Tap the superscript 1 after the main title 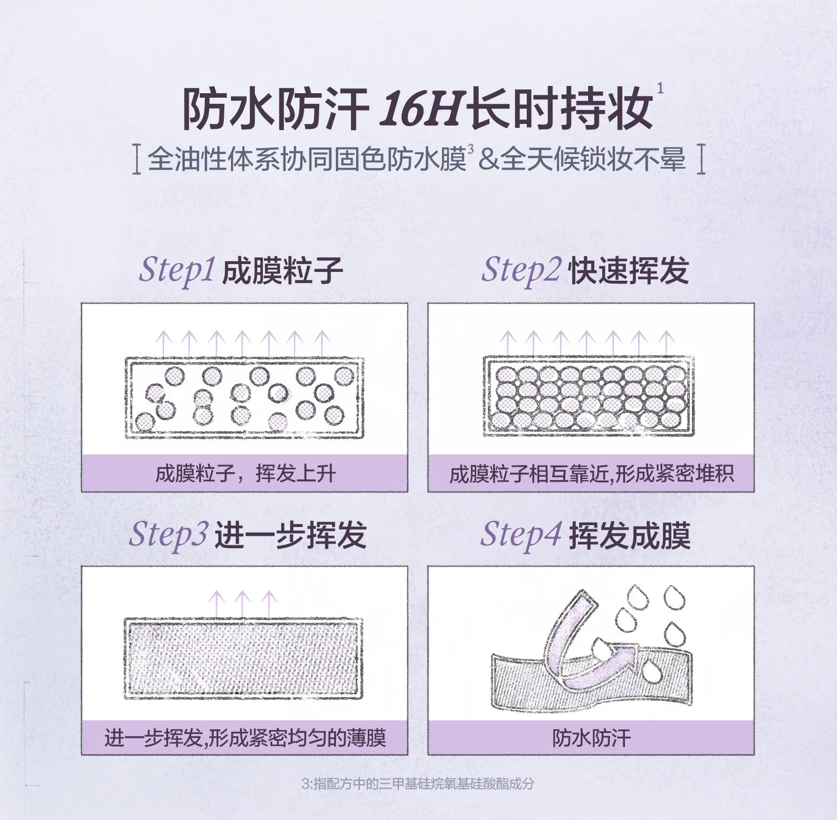click(x=661, y=88)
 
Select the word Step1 click(x=177, y=270)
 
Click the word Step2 click(x=521, y=270)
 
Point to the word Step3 click(x=169, y=534)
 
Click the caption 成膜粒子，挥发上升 click(x=246, y=474)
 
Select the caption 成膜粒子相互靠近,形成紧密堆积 click(x=591, y=474)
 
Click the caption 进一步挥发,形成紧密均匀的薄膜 click(x=245, y=738)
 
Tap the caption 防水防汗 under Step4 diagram click(x=591, y=738)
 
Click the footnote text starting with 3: click(x=418, y=784)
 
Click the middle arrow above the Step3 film click(x=242, y=604)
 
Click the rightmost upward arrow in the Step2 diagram click(x=666, y=343)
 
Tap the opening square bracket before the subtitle click(x=137, y=160)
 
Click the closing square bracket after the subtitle click(x=701, y=160)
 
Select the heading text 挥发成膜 click(x=630, y=536)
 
